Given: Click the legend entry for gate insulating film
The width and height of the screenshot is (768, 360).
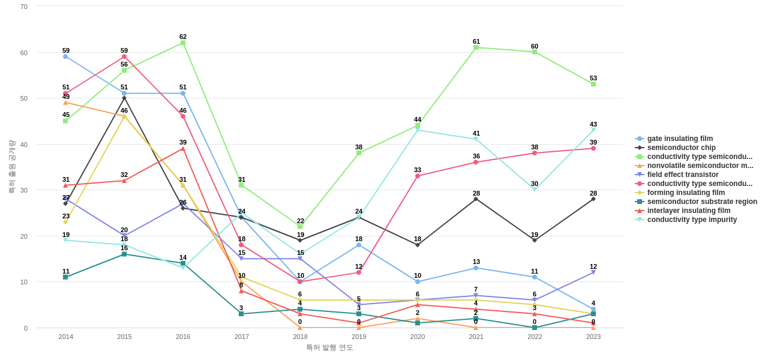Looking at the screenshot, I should pyautogui.click(x=680, y=139).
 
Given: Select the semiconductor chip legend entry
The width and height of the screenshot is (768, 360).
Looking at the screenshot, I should pyautogui.click(x=681, y=148).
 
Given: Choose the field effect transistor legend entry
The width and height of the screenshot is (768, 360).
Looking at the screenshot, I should pyautogui.click(x=682, y=175).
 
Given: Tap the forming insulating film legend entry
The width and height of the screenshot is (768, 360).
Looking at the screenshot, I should pyautogui.click(x=686, y=193).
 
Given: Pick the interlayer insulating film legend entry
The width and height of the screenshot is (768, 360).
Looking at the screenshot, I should pyautogui.click(x=688, y=211).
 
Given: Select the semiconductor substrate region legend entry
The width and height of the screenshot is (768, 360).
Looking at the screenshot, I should pyautogui.click(x=702, y=202).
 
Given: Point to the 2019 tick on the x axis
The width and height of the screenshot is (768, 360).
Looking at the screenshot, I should pyautogui.click(x=359, y=337).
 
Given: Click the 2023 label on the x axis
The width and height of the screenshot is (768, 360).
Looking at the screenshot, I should pyautogui.click(x=593, y=337).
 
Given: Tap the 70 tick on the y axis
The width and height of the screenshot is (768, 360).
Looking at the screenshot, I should pyautogui.click(x=24, y=7).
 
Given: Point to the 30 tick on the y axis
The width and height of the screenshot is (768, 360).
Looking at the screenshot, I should pyautogui.click(x=24, y=190).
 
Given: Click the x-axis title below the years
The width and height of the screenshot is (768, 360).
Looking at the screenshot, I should pyautogui.click(x=329, y=347).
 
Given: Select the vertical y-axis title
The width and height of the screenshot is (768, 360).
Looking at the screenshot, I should pyautogui.click(x=11, y=167).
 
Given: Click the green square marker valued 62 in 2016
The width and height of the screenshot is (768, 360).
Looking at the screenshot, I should pyautogui.click(x=183, y=43).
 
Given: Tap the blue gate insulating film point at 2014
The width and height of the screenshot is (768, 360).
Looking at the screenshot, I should pyautogui.click(x=65, y=56).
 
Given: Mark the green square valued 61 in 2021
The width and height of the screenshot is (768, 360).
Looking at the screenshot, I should pyautogui.click(x=476, y=47).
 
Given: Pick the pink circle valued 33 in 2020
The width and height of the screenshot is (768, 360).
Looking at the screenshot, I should pyautogui.click(x=418, y=176).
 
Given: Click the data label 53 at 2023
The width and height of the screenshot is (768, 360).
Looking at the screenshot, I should pyautogui.click(x=593, y=78).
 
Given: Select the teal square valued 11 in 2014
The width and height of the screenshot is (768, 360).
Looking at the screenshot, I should pyautogui.click(x=65, y=277).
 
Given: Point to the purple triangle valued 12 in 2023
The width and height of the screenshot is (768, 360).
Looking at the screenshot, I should pyautogui.click(x=593, y=272).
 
